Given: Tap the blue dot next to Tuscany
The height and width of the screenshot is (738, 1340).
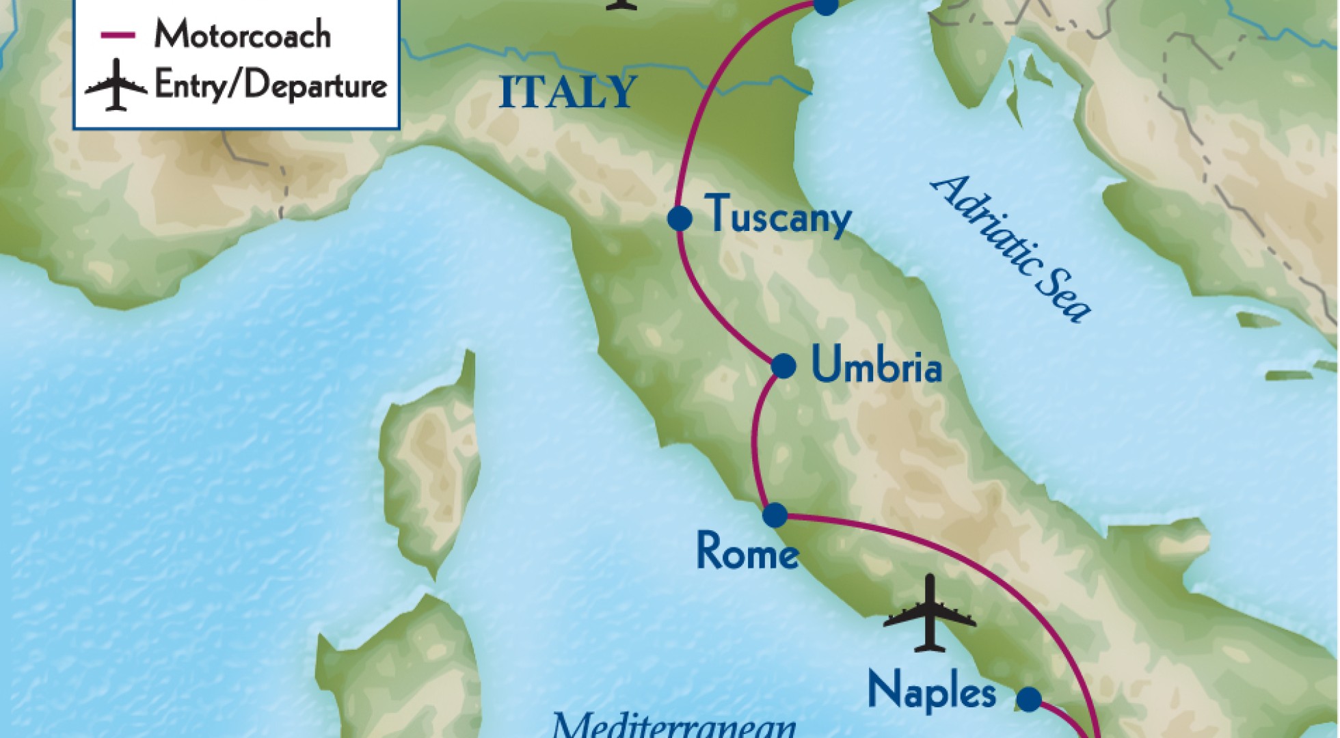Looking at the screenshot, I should click(x=679, y=219).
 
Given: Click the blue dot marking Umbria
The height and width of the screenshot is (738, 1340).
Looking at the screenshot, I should click(x=783, y=366).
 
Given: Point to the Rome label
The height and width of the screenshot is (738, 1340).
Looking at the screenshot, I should click(x=747, y=551).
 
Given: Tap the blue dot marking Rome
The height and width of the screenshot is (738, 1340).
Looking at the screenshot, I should click(x=775, y=515).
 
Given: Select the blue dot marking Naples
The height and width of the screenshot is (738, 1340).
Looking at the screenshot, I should click(x=1029, y=698).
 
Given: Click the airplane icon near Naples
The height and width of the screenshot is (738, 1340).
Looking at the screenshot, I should click(x=929, y=613).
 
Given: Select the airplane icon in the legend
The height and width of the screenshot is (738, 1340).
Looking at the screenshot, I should click(x=116, y=85).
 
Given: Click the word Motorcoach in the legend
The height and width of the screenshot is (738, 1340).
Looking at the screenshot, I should click(x=242, y=35).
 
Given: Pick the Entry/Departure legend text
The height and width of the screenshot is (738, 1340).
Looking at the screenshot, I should click(x=271, y=86).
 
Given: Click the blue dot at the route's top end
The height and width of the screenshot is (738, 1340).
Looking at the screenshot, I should click(x=826, y=5).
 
